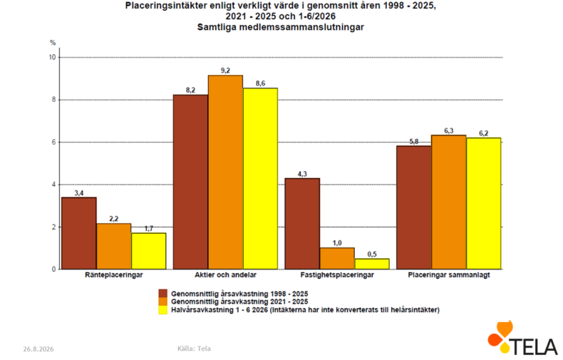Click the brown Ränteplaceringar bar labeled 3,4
tap(78, 233)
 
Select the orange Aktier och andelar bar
tap(225, 172)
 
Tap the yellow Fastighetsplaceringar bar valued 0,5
tap(372, 264)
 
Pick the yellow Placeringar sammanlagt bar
tap(484, 203)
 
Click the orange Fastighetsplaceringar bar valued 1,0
tap(337, 258)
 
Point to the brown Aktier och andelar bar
tap(191, 182)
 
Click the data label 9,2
tap(225, 71)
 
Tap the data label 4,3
tap(302, 174)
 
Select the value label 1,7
tap(149, 229)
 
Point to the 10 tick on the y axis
tap(53, 57)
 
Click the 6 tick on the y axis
tap(54, 143)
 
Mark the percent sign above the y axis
tap(53, 43)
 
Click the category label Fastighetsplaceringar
tap(337, 275)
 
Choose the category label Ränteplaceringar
tap(114, 275)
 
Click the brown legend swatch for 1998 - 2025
tap(163, 293)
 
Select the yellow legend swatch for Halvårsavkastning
tap(163, 310)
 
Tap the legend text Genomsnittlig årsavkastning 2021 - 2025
tap(239, 302)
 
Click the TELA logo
tap(523, 338)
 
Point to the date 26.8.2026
tap(38, 349)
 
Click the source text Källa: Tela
tap(195, 349)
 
